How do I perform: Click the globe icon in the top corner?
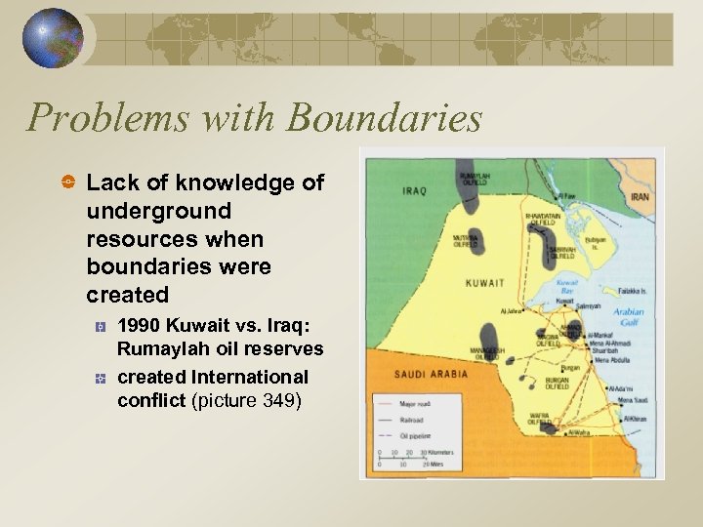pyautogui.click(x=52, y=38)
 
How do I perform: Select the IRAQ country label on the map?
pyautogui.click(x=414, y=190)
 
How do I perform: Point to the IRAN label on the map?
pyautogui.click(x=639, y=196)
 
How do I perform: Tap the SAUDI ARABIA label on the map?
pyautogui.click(x=431, y=374)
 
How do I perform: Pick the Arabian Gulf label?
pyautogui.click(x=628, y=318)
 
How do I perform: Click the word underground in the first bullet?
pyautogui.click(x=159, y=211)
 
